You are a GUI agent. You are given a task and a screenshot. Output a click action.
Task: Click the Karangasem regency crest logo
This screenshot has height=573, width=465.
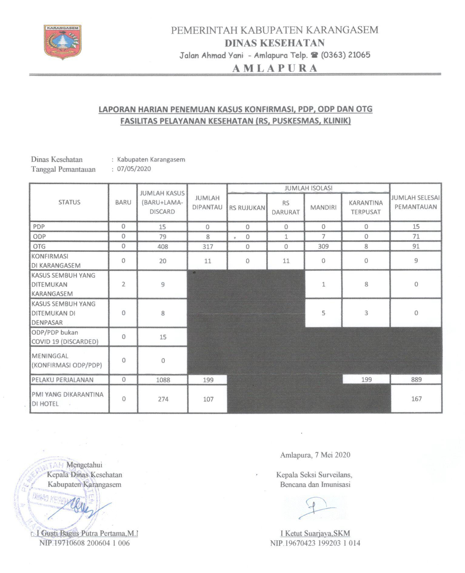(62, 42)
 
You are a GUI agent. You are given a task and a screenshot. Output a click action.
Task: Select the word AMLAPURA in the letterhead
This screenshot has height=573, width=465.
(275, 68)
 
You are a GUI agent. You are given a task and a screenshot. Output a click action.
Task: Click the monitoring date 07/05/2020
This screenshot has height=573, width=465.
(134, 169)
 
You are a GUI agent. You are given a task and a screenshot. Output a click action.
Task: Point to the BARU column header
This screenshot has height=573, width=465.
(123, 203)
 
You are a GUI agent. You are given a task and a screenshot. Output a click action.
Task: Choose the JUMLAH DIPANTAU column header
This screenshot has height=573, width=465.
(207, 203)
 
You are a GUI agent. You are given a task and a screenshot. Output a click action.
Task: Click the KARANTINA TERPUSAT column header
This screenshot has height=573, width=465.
(366, 207)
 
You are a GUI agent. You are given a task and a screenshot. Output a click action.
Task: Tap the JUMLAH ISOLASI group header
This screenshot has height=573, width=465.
(308, 188)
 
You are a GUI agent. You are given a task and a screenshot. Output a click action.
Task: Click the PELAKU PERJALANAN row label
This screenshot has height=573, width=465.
(62, 380)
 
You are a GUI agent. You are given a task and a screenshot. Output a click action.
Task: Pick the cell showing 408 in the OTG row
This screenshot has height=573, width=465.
(162, 246)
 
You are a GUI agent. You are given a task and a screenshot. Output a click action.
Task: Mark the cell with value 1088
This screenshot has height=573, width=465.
(163, 380)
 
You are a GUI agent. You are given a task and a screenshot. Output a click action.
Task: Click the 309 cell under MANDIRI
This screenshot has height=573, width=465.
(323, 246)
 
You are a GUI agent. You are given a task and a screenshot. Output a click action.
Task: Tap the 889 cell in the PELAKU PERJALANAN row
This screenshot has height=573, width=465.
(416, 380)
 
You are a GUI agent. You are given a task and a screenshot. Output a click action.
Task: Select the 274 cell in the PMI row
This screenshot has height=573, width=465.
(163, 399)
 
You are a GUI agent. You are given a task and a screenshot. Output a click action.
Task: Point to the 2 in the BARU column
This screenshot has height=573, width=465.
(123, 284)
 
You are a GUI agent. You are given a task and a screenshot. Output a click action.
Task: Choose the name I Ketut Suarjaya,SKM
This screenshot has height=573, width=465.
(315, 533)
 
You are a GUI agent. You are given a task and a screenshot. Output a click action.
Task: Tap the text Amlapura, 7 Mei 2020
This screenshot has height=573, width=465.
(315, 455)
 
